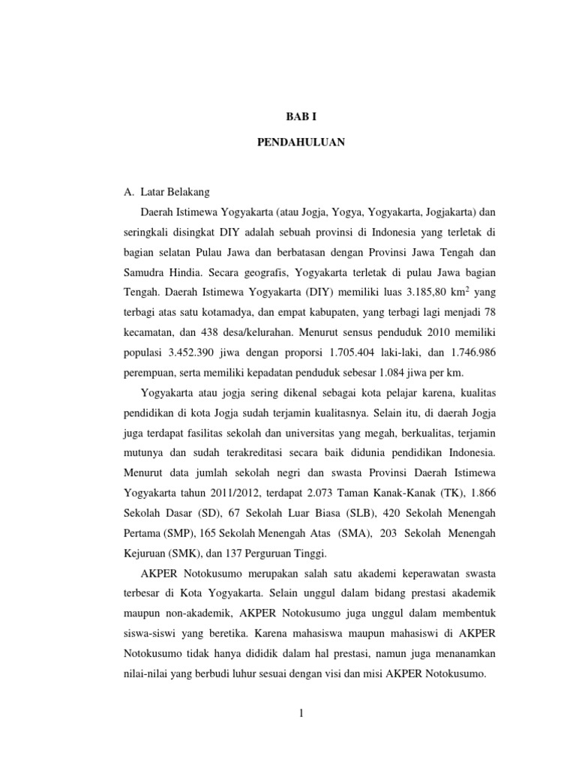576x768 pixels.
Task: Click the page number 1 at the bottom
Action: [300, 712]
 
